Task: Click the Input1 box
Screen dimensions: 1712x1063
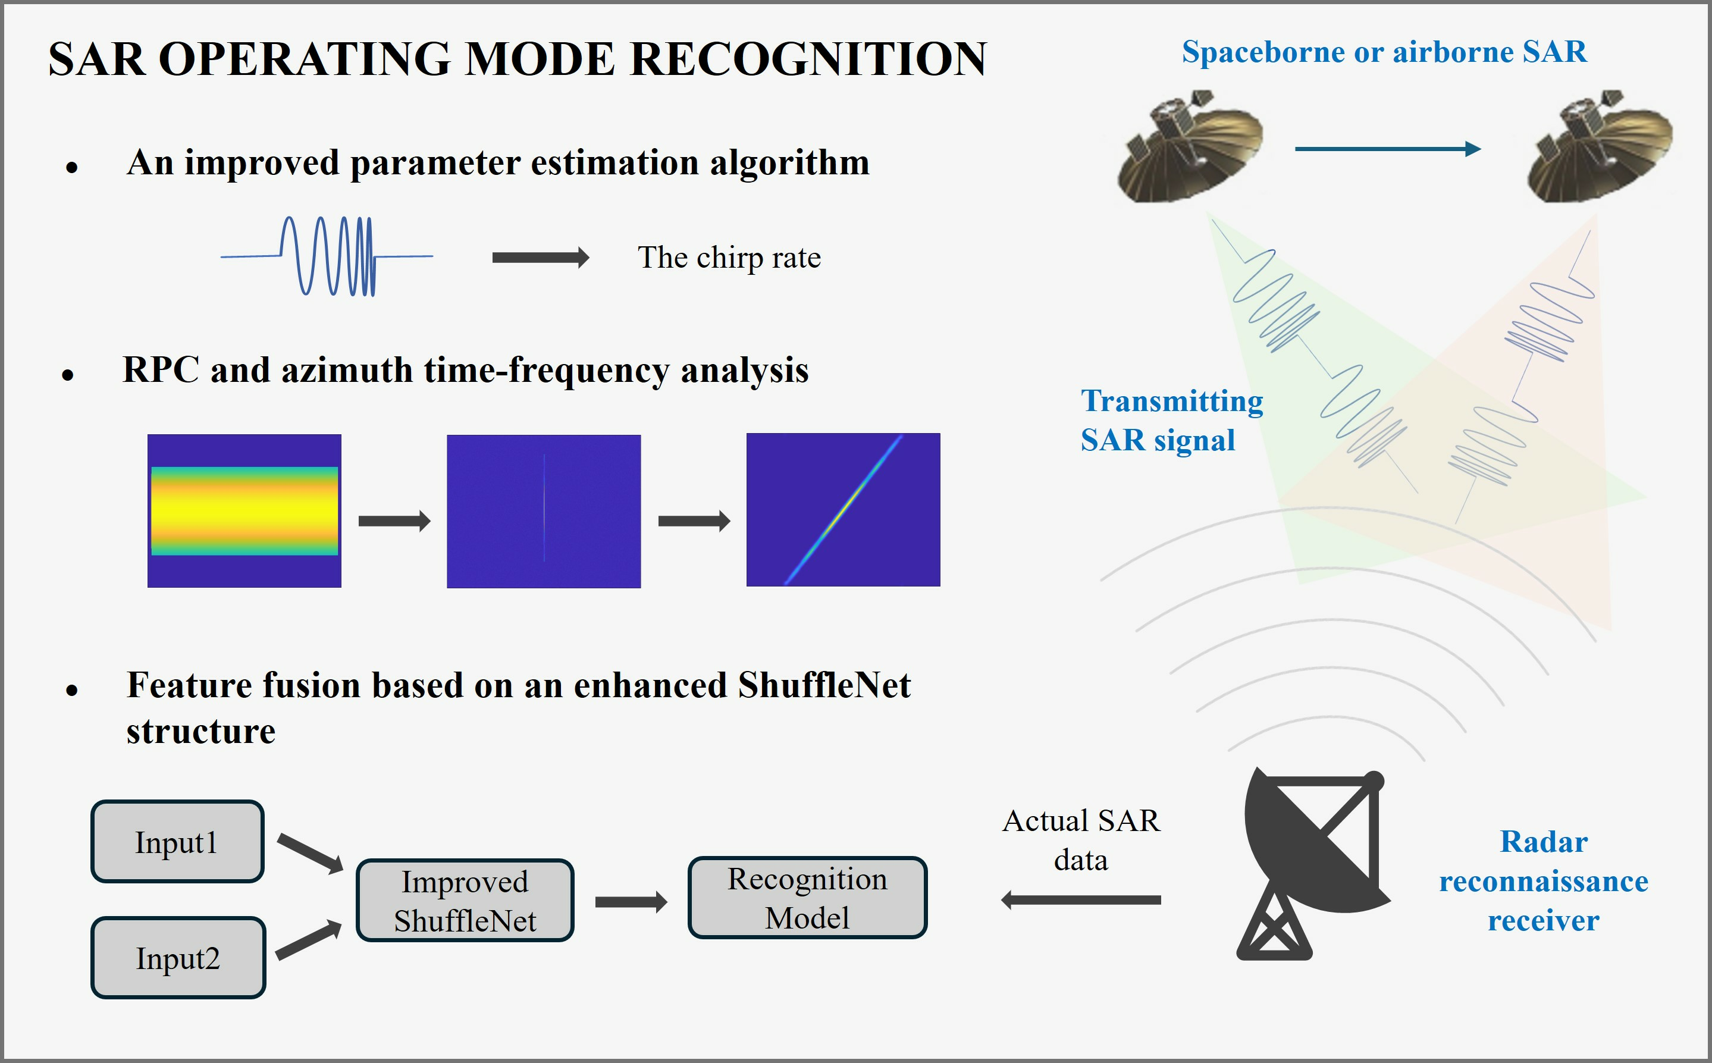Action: tap(177, 841)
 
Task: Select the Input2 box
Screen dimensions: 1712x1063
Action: tap(178, 958)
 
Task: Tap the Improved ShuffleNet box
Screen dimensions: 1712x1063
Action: tap(465, 900)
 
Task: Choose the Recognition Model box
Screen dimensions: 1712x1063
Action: tap(807, 898)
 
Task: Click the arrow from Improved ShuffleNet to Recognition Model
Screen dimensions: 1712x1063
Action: tap(631, 902)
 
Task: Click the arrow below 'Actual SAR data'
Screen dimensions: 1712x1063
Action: tap(1081, 900)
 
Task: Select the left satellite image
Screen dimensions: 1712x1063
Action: tap(1190, 146)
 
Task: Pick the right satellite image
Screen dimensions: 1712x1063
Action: tap(1600, 146)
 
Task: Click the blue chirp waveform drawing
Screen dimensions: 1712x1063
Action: tap(327, 256)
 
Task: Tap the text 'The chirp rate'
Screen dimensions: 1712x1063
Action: tap(729, 258)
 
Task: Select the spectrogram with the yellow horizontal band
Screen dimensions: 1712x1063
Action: tap(244, 510)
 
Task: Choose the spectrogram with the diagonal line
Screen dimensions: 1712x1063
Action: tap(843, 510)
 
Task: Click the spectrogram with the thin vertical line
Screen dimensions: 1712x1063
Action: tap(544, 511)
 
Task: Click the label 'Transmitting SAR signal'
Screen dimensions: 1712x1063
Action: tap(1171, 421)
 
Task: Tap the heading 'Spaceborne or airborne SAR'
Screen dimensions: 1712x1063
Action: tap(1384, 52)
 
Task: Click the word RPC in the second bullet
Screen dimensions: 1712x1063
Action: tap(161, 370)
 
